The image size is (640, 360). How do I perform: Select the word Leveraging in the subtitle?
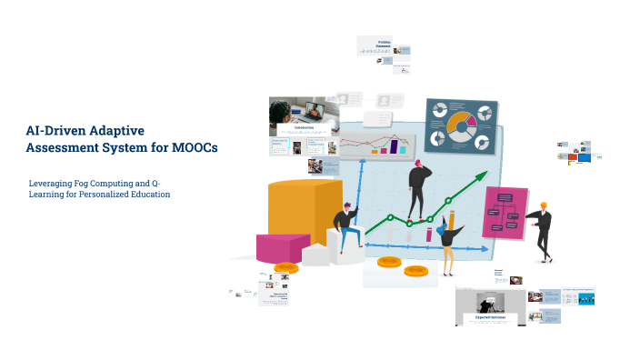pyautogui.click(x=52, y=183)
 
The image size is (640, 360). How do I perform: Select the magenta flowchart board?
pyautogui.click(x=505, y=212)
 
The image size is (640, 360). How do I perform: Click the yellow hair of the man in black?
pyautogui.click(x=544, y=205)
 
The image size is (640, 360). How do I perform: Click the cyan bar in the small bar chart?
pyautogui.click(x=405, y=143)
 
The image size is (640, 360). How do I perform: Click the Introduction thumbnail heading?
pyautogui.click(x=304, y=128)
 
